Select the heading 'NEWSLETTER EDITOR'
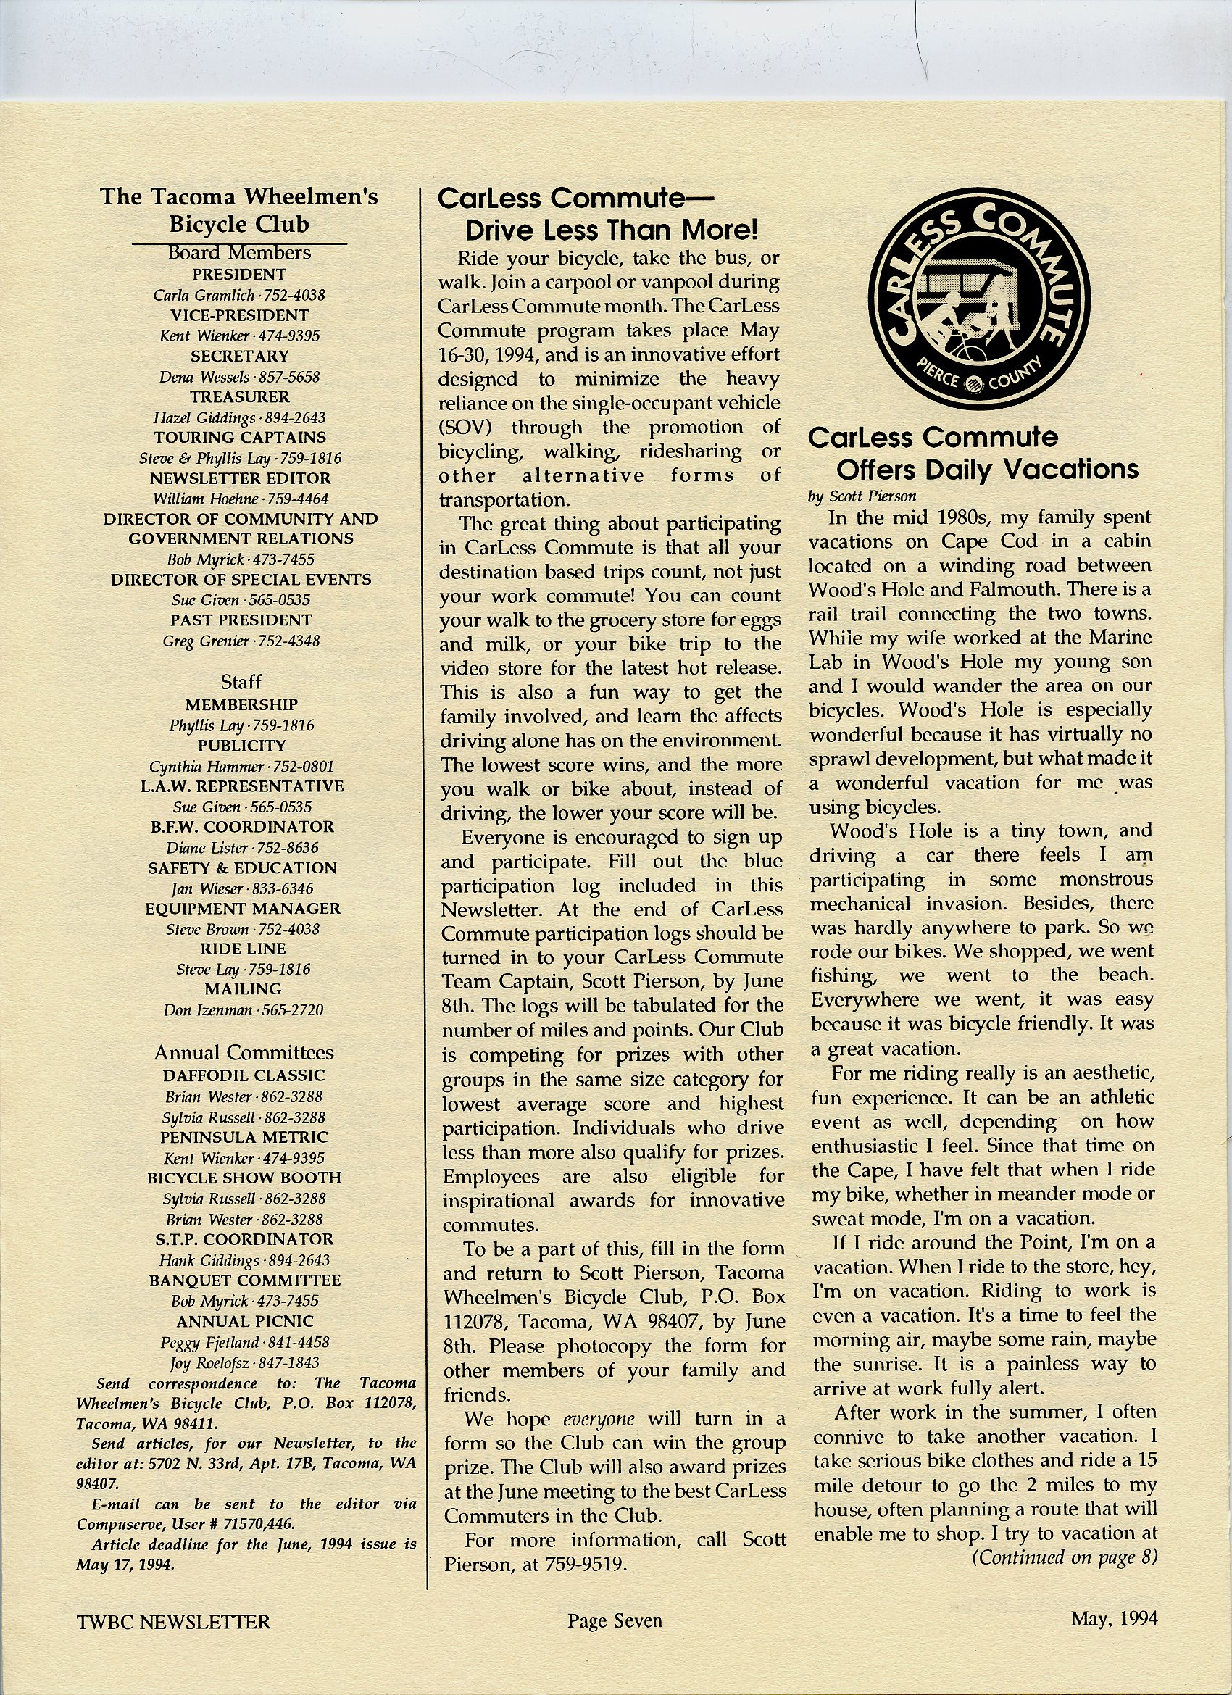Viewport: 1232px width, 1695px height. click(x=240, y=478)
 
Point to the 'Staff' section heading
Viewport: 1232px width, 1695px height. click(x=241, y=682)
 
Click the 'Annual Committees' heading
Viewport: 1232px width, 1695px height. click(x=244, y=1053)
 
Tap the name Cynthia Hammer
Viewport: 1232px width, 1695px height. click(x=206, y=766)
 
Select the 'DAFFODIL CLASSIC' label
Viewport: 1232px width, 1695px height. click(x=244, y=1075)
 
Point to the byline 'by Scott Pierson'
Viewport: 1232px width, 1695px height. click(x=862, y=496)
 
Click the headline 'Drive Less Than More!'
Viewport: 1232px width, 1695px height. click(x=612, y=230)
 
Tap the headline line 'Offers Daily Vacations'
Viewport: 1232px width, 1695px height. click(x=987, y=470)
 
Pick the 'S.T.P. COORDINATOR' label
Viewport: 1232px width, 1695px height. click(x=244, y=1239)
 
